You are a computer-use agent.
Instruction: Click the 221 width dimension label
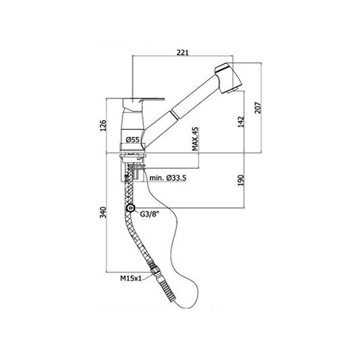[182, 52]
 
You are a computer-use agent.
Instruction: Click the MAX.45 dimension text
[195, 139]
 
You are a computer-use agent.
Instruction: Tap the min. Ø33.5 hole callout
[169, 179]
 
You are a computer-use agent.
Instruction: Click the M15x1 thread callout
[131, 278]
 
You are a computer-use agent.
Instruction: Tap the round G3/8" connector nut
[130, 208]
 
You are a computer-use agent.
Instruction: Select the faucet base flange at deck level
[132, 153]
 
